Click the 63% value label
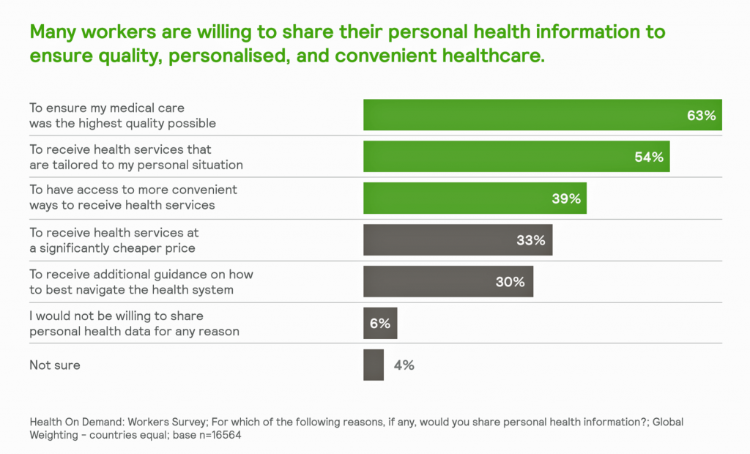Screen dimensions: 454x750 click(701, 116)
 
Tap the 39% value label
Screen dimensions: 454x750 click(566, 198)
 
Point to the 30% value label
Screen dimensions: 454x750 click(510, 282)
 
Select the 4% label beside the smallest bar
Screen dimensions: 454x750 click(404, 365)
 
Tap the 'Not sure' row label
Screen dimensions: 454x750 click(55, 365)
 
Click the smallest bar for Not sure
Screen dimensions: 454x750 click(374, 365)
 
